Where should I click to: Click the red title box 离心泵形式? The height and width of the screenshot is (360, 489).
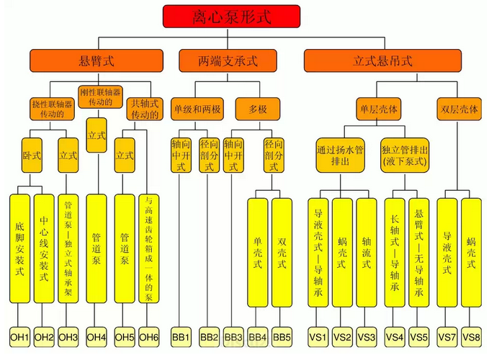231,17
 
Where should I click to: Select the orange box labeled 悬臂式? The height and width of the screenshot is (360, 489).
97,60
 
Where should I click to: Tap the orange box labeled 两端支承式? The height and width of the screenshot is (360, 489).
228,60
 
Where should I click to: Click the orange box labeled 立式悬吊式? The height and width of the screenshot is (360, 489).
382,60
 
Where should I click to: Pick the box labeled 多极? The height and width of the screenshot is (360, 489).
258,109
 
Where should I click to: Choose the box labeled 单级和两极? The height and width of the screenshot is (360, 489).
197,109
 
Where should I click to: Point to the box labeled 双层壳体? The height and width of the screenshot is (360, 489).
459,109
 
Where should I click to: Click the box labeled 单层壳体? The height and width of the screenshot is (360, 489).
379,109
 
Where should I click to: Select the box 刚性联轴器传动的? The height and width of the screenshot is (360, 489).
100,97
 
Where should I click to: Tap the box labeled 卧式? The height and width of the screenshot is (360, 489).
32,156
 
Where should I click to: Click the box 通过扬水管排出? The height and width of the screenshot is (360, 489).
340,156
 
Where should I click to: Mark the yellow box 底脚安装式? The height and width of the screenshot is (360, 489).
19,248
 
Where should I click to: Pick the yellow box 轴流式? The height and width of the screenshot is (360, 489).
367,253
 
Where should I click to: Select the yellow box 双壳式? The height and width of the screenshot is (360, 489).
282,253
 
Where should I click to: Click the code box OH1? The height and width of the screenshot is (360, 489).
19,337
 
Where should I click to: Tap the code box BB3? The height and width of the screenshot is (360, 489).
233,337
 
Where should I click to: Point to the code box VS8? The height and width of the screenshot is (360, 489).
471,337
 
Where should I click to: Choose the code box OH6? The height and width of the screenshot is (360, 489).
149,337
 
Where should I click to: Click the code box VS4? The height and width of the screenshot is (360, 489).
395,337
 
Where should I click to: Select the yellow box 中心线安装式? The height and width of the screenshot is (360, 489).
44,248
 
